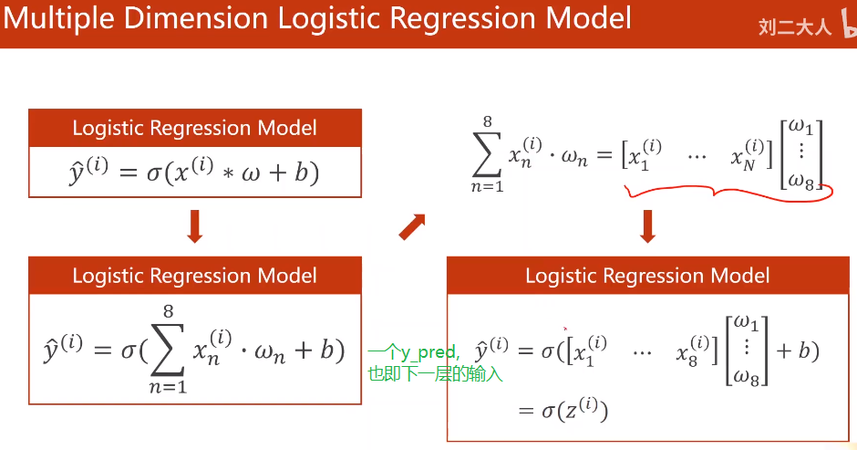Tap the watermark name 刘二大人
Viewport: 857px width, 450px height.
pos(795,27)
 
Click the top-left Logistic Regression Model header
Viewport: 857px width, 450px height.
pos(194,129)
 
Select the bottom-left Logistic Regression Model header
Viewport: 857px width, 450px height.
pos(194,276)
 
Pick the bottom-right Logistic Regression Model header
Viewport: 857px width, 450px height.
pos(647,276)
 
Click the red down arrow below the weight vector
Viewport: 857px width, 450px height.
pos(648,227)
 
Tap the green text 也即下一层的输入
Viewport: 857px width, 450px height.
pos(434,373)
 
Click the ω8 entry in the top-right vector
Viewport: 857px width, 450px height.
pos(802,181)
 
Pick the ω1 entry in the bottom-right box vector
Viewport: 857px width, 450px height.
pos(748,322)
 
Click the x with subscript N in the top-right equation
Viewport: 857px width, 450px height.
pos(743,156)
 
